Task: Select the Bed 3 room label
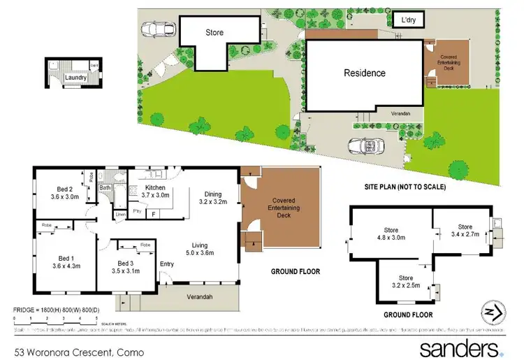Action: coord(125,266)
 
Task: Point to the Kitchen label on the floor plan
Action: coord(155,192)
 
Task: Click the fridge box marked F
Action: coord(153,214)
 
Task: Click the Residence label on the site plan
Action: coord(364,73)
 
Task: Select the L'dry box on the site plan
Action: coord(408,20)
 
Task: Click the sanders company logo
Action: coord(461,347)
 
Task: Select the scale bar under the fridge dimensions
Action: coord(56,318)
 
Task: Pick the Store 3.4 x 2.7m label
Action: coord(465,231)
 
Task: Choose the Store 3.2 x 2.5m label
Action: coord(405,282)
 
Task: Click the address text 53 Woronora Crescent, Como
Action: coord(79,352)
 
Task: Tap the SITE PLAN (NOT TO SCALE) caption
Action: coord(405,187)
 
